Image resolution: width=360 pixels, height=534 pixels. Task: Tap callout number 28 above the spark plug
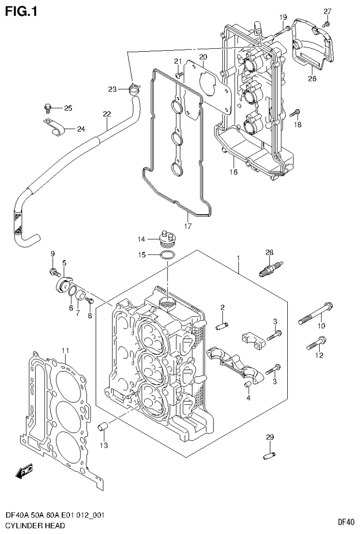pos(269,253)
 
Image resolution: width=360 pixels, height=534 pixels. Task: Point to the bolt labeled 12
pos(316,343)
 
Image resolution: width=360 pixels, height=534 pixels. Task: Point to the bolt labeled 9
pos(54,271)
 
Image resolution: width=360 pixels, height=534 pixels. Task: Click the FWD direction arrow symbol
pos(23,471)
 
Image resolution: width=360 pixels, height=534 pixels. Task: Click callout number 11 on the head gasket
pos(65,350)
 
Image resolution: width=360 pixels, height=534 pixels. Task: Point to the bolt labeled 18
pos(295,113)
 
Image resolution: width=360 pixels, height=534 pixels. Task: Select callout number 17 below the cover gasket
pos(187,226)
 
